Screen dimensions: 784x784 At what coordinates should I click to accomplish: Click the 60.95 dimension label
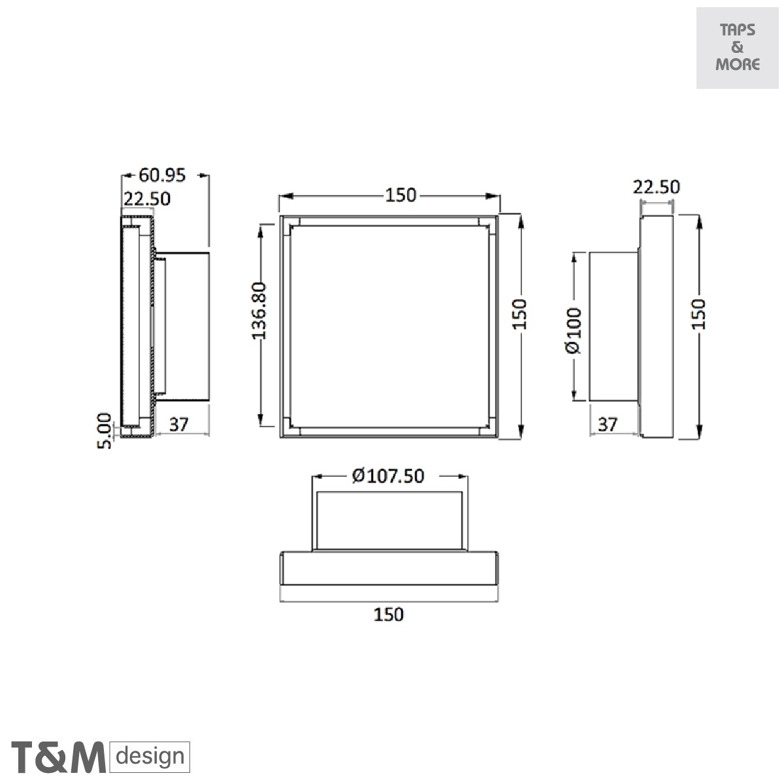(162, 175)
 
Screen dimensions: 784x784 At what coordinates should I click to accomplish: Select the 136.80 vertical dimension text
(259, 311)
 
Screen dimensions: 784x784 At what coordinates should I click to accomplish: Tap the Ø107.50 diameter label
(388, 476)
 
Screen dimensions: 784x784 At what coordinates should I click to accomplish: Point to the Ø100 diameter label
(574, 331)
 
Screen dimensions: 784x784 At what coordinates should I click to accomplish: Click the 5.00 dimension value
(104, 431)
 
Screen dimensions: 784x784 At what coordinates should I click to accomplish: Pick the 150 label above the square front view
(400, 195)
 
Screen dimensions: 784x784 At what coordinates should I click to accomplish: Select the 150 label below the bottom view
(389, 614)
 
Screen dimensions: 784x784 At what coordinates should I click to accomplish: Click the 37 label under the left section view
(179, 425)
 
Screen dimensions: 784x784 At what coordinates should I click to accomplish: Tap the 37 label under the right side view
(608, 425)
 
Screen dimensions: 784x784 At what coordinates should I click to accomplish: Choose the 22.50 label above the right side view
(656, 187)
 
